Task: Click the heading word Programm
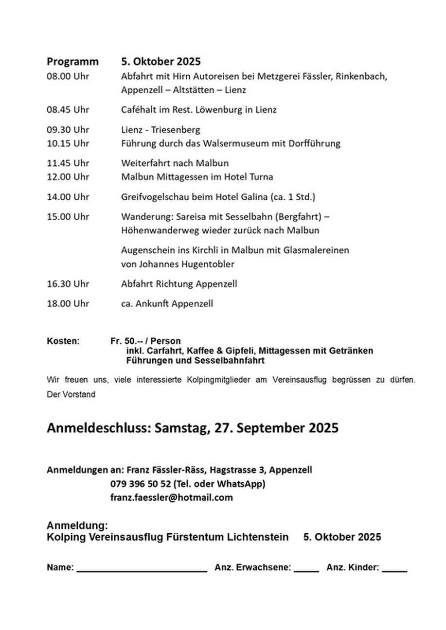[72, 62]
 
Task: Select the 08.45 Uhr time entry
[68, 110]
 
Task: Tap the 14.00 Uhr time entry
[68, 197]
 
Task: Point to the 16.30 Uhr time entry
[68, 284]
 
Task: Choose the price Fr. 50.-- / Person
[145, 341]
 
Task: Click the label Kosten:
[63, 341]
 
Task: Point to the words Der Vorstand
[71, 395]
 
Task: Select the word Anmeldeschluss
[98, 428]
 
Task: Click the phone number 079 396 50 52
[141, 484]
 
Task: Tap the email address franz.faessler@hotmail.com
[172, 498]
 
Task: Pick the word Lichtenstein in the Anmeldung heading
[257, 537]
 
